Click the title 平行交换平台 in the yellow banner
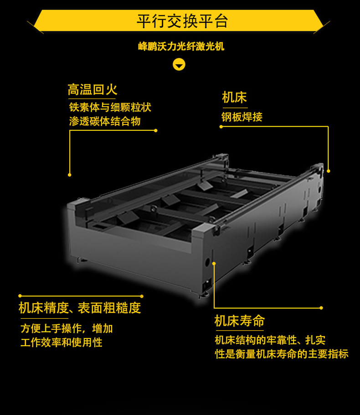coord(182,21)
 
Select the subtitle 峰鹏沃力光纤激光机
coord(181,47)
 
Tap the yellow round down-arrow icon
coord(179,65)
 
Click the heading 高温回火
coord(93,89)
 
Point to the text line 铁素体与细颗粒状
coord(110,107)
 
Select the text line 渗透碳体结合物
coord(105,121)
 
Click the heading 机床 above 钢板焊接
coord(234,98)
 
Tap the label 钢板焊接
coord(242,117)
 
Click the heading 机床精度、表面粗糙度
coord(80,308)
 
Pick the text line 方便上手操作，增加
coord(67,328)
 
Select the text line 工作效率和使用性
coord(62,342)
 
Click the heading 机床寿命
coord(239,321)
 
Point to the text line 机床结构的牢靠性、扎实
coord(270,340)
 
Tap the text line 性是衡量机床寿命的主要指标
coord(282,354)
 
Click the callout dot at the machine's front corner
coord(214,263)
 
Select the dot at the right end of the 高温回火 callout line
coord(155,130)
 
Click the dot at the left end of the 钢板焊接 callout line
coord(221,127)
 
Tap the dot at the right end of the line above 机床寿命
coord(321,308)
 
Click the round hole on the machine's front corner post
coord(207,262)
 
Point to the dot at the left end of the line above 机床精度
coord(20,296)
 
